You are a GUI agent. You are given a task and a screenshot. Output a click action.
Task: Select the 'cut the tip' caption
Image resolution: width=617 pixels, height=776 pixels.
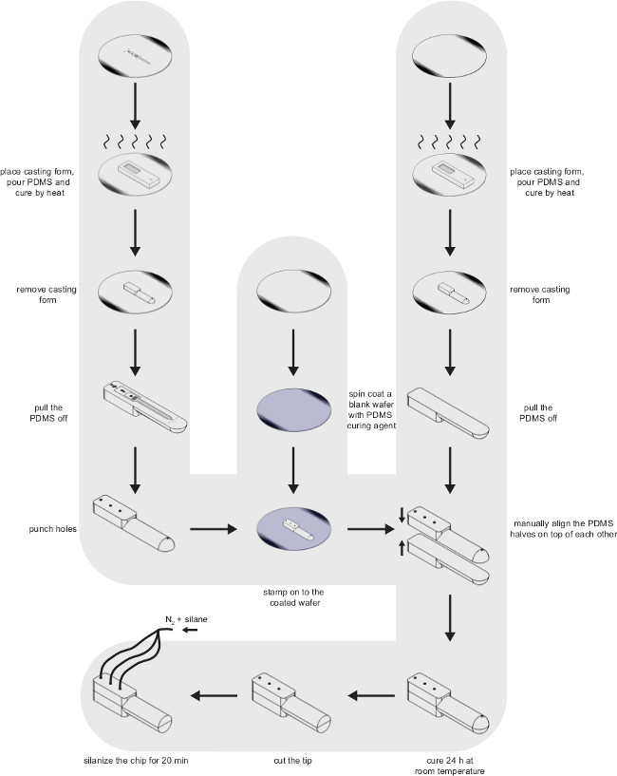click(289, 761)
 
